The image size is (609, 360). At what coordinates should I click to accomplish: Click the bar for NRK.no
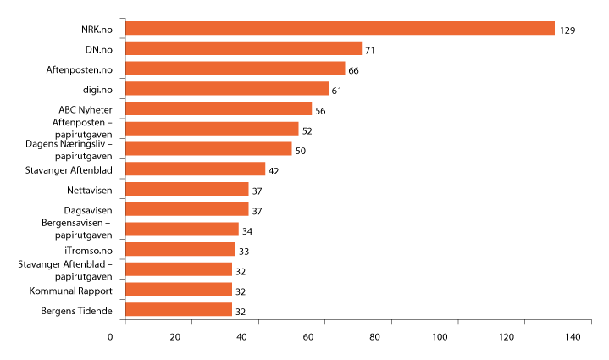pos(340,29)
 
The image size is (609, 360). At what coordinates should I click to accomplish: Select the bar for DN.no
pos(244,49)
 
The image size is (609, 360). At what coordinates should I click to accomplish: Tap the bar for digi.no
pos(227,89)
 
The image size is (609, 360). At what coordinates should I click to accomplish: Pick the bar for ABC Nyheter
pos(219,109)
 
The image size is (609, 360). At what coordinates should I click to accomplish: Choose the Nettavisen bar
pos(187,189)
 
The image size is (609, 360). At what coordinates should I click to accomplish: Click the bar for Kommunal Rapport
pos(179,290)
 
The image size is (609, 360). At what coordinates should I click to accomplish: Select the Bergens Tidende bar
pos(179,310)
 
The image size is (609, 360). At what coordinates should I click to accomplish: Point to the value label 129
pos(567,30)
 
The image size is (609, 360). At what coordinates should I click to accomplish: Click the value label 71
pos(370,51)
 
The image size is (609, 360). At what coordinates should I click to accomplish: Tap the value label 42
pos(274,171)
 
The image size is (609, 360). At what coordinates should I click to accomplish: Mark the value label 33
pos(244,251)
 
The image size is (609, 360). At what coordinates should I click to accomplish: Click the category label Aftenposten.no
pos(85,69)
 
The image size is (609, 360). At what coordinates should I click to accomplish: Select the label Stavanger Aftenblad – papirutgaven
pos(66,270)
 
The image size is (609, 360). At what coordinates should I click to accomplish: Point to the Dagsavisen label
pos(91,209)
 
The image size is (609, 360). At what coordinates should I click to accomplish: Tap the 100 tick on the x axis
pos(440,338)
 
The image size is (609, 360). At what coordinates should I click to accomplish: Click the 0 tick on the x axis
pos(111,338)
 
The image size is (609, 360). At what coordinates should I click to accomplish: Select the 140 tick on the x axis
pos(573,338)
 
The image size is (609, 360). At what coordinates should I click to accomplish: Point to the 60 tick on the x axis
pos(309,338)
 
